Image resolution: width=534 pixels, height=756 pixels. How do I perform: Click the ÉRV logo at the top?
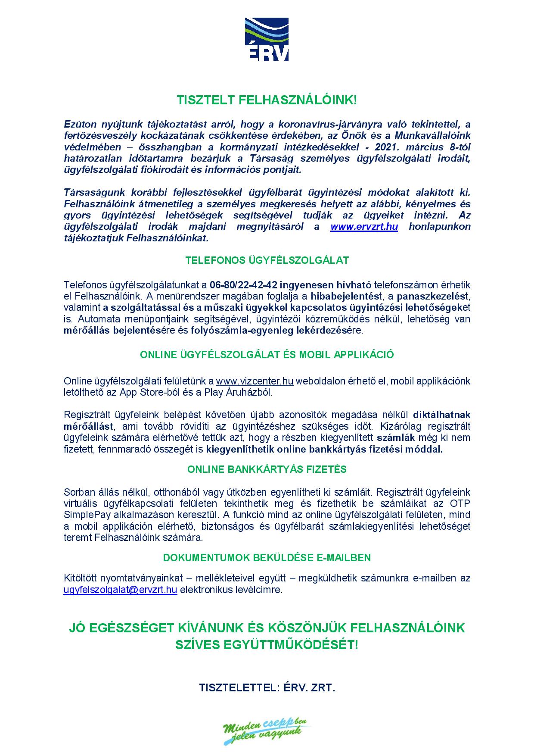click(267, 39)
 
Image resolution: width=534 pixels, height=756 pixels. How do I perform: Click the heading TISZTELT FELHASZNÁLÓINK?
click(267, 100)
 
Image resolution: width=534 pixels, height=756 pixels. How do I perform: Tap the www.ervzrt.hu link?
click(364, 227)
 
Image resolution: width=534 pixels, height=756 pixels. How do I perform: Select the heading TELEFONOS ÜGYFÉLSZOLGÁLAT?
click(267, 260)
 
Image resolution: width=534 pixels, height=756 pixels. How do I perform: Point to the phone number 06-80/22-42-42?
click(243, 285)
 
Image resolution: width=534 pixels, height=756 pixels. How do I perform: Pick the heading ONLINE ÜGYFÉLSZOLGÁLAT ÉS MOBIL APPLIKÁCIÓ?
click(267, 355)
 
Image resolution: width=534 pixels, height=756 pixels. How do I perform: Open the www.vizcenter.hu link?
click(255, 381)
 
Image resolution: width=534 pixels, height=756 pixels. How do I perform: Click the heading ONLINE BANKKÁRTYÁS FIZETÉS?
click(267, 469)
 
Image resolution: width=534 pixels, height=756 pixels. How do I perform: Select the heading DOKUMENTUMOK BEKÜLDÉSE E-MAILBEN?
click(267, 557)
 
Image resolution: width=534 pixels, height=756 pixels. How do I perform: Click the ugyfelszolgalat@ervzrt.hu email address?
click(121, 590)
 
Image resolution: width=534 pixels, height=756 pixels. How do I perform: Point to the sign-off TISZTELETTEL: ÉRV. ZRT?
click(267, 687)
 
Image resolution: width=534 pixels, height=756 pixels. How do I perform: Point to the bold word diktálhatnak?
click(442, 415)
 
